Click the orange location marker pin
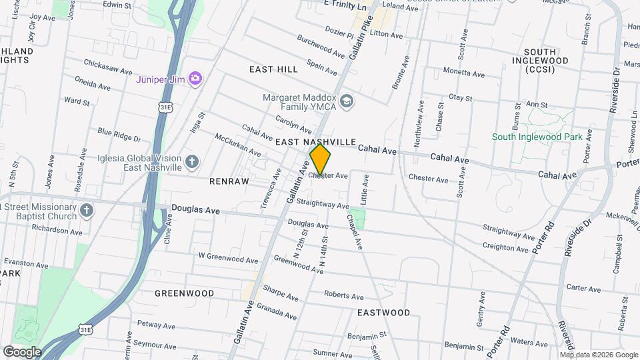(x=320, y=159)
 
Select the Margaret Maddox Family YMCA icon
(x=346, y=101)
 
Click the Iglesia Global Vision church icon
(x=191, y=161)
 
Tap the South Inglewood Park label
(x=537, y=137)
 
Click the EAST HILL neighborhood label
(x=273, y=69)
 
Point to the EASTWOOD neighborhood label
(x=383, y=312)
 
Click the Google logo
(x=22, y=351)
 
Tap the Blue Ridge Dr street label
(x=119, y=135)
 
